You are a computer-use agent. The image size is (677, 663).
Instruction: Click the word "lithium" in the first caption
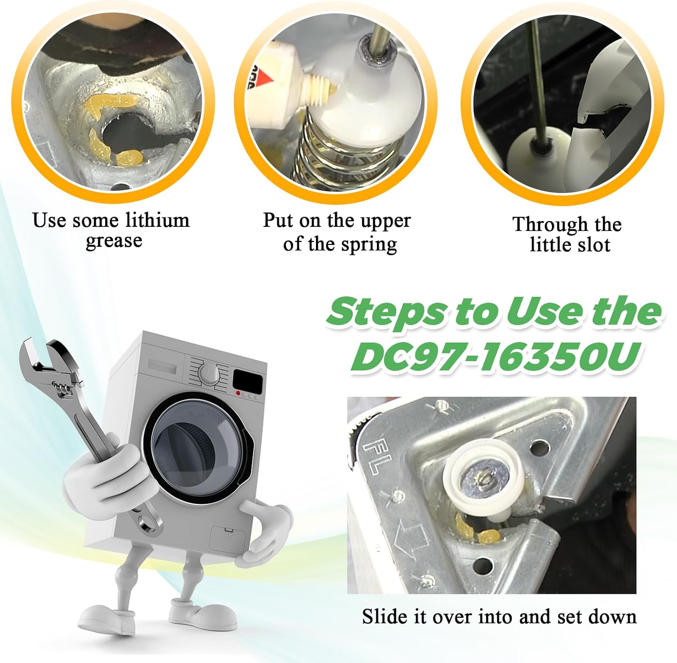coord(157,220)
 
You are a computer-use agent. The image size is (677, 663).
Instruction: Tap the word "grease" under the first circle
coord(114,241)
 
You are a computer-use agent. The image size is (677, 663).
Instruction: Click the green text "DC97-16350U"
coord(496,357)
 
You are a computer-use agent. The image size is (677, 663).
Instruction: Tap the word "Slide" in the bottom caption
coord(385,616)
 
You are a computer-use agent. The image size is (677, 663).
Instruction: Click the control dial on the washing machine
coord(209,373)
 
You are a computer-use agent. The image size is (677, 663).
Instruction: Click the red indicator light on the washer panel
coord(238,393)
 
